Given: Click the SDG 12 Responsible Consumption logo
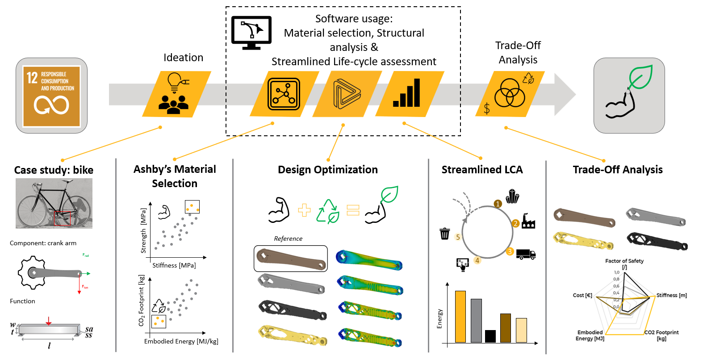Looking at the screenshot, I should tap(51, 96).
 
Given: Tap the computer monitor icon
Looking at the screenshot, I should tap(251, 32).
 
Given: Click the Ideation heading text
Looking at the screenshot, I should tap(183, 58).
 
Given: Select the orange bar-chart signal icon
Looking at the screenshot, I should tap(407, 93).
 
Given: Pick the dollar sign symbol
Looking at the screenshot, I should tap(487, 109).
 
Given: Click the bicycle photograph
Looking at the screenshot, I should tap(54, 203).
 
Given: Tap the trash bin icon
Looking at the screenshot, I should tap(445, 234).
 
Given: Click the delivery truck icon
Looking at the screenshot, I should tap(526, 254).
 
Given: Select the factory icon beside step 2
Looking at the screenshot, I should tap(528, 221).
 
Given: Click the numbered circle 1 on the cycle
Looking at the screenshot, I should tap(498, 204).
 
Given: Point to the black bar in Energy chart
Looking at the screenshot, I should tap(490, 336).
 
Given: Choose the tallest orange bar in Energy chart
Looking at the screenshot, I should tap(460, 316).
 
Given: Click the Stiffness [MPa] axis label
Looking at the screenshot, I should tap(174, 265).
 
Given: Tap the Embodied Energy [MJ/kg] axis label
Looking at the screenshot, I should tap(181, 341).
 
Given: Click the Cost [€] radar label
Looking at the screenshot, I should tap(582, 295).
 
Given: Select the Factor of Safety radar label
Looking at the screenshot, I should tap(624, 261).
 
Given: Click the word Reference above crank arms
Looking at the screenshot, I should tap(288, 239).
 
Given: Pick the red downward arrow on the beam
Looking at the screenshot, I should tap(49, 321).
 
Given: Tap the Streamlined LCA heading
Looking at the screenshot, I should tap(482, 170).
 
